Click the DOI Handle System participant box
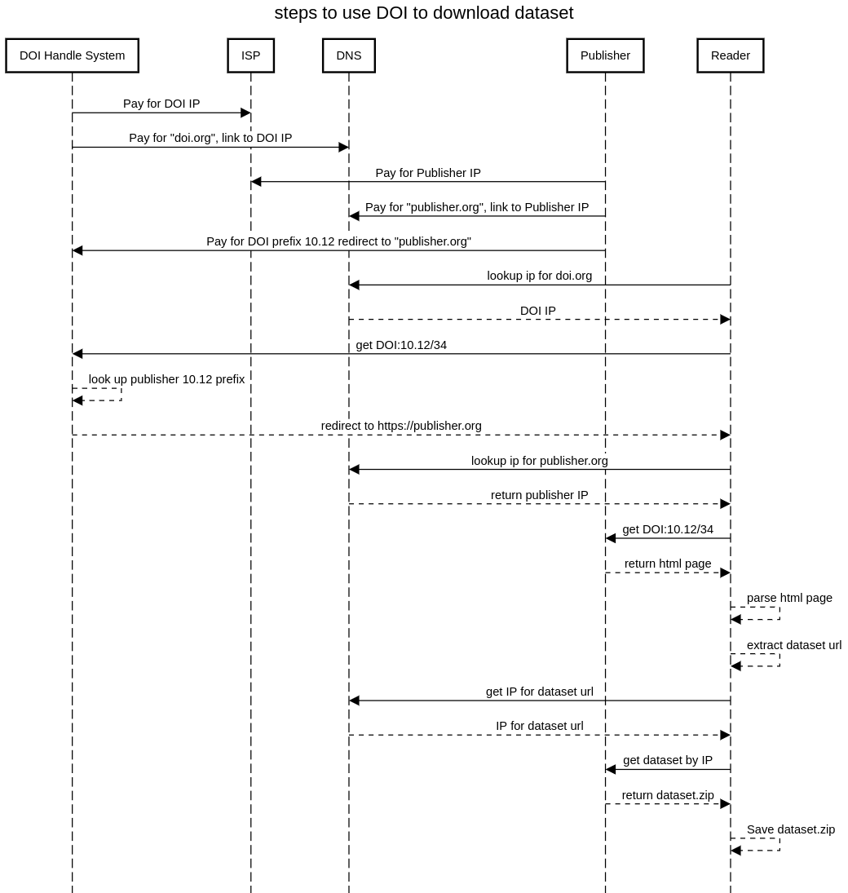click(72, 55)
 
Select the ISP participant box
click(250, 55)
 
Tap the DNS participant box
click(348, 55)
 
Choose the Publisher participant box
click(605, 55)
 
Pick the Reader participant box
click(730, 55)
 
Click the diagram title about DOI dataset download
click(423, 13)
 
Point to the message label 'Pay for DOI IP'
click(161, 104)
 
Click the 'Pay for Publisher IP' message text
click(428, 173)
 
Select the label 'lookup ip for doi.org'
click(540, 276)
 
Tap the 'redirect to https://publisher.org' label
click(401, 426)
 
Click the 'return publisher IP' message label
click(539, 495)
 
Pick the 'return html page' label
click(668, 564)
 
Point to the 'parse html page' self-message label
click(789, 598)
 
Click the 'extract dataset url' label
click(794, 645)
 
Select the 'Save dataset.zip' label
click(791, 829)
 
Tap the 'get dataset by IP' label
click(668, 760)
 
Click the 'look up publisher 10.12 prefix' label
click(166, 379)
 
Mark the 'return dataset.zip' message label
click(668, 795)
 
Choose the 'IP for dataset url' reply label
click(540, 726)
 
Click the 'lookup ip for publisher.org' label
click(540, 461)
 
